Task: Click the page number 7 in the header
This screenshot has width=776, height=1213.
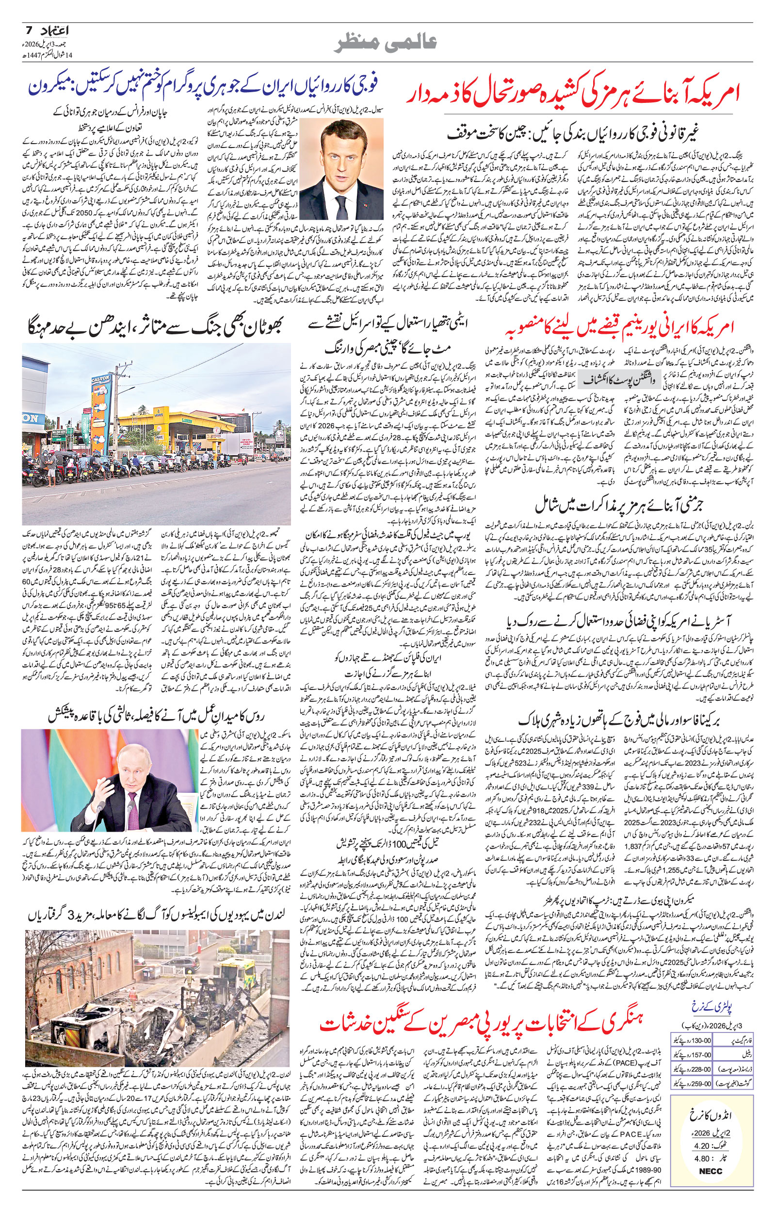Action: coord(29,30)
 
